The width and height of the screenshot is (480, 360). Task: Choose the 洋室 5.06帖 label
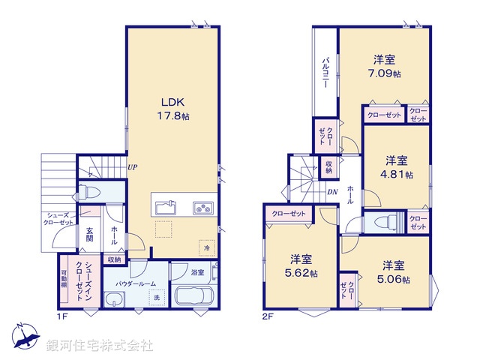click(394, 272)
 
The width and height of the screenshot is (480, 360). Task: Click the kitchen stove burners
click(203, 208)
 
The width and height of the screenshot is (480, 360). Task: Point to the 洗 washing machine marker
click(157, 298)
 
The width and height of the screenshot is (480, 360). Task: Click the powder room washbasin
click(112, 301)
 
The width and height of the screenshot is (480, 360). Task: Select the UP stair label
click(132, 167)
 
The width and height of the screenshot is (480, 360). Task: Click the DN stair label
click(333, 192)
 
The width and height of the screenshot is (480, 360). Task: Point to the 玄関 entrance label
click(88, 233)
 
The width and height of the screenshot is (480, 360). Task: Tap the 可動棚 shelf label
click(64, 279)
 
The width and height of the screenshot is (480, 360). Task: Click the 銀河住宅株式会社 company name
click(100, 346)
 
